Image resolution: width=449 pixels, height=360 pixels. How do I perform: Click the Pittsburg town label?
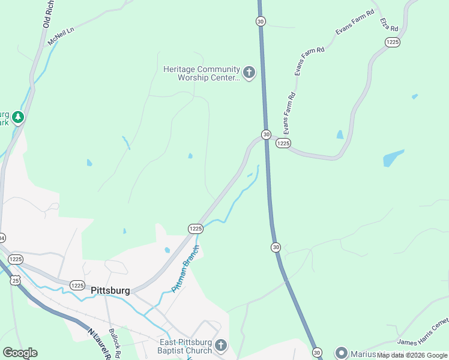coord(110,290)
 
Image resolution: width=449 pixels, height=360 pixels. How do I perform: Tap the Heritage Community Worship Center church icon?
coord(249,73)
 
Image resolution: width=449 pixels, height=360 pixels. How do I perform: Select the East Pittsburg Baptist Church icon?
coord(221,346)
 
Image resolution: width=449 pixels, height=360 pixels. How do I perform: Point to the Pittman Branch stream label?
coord(185,269)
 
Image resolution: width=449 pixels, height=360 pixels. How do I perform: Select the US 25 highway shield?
coord(15,280)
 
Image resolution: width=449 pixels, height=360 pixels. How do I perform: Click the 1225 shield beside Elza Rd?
coord(393,41)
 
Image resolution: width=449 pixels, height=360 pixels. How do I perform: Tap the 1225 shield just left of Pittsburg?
coord(77,286)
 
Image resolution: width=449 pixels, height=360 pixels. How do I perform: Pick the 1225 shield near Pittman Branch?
coord(195,229)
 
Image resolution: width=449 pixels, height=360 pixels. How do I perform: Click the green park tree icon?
coord(18,117)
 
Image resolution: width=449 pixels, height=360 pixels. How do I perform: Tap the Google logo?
coord(20,353)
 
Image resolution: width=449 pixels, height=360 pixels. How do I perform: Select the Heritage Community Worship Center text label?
coord(201,73)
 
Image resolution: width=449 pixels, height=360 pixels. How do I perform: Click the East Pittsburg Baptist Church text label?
coord(185,346)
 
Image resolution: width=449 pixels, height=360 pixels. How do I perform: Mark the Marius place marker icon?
coord(342,352)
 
